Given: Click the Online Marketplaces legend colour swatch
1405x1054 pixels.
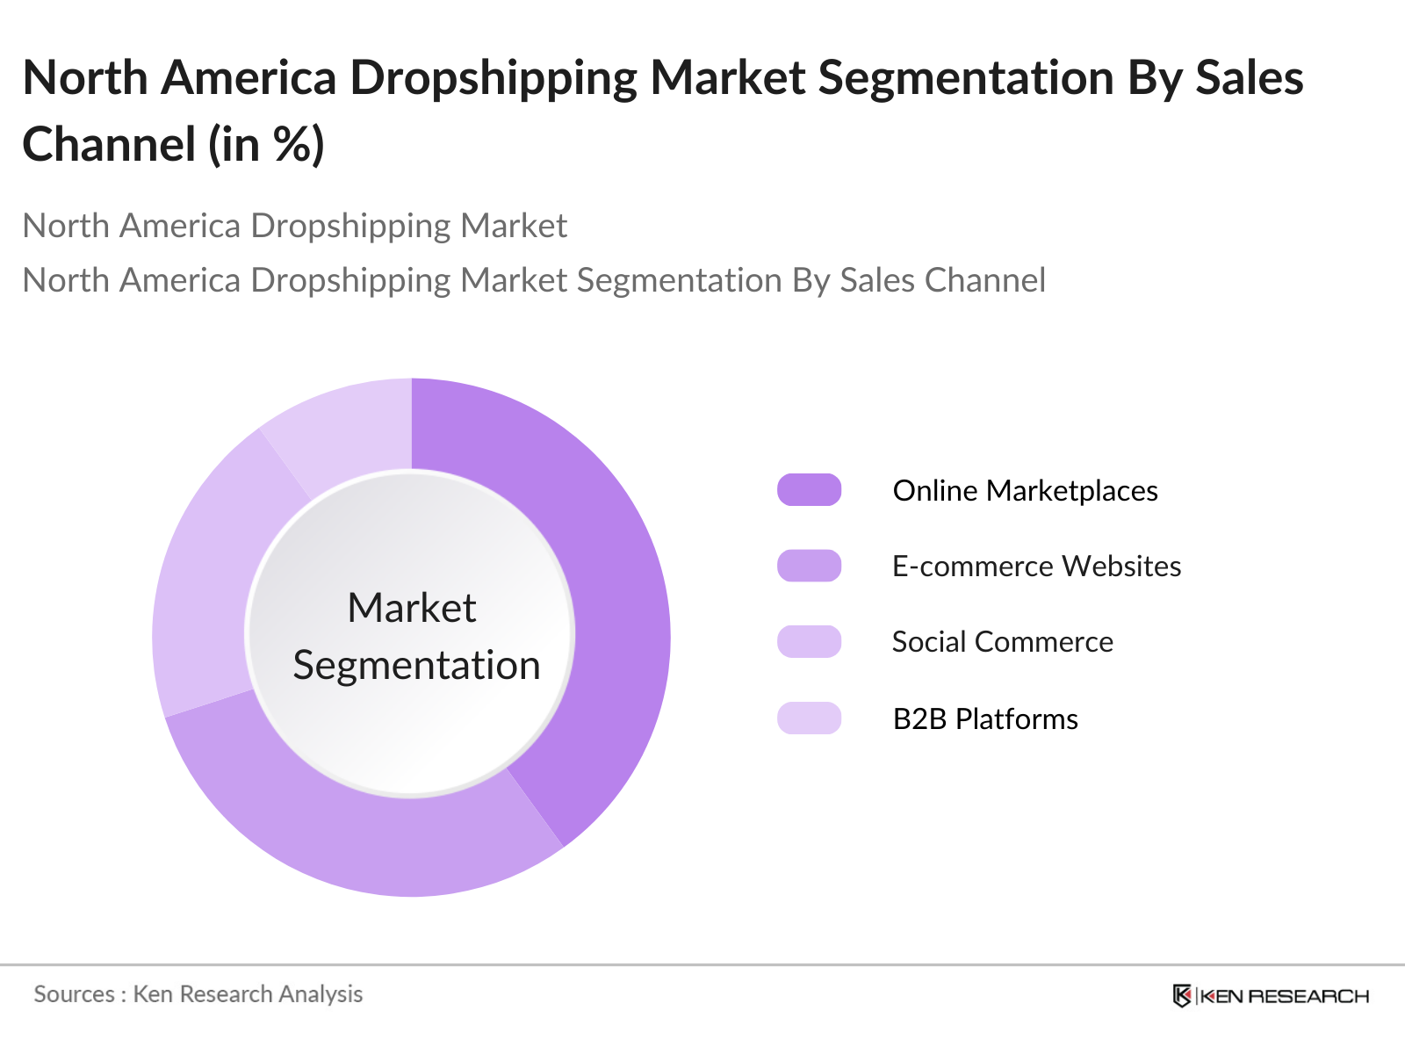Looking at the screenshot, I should click(809, 490).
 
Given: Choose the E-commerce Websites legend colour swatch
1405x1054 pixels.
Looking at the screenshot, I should click(809, 566).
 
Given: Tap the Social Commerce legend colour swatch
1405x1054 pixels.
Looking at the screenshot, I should click(809, 642).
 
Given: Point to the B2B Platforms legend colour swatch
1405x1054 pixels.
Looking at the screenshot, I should click(809, 718).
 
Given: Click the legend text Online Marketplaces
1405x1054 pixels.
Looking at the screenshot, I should click(1025, 490).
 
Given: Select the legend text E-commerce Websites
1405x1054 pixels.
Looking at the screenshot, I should click(1036, 566).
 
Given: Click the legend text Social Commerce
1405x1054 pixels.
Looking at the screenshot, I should click(1002, 642).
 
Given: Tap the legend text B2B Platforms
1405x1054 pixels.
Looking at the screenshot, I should click(985, 718).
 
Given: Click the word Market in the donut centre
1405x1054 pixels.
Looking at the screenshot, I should click(411, 608).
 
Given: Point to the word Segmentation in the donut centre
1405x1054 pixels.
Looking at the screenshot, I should click(416, 665).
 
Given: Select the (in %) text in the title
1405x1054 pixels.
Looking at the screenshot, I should click(266, 144).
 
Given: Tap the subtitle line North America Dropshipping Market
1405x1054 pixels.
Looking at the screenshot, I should click(295, 226).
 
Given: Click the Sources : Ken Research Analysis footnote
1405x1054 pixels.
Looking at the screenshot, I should click(198, 994).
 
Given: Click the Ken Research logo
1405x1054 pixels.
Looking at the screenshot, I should click(1271, 996).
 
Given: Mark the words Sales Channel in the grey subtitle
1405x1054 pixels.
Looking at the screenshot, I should click(942, 280).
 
